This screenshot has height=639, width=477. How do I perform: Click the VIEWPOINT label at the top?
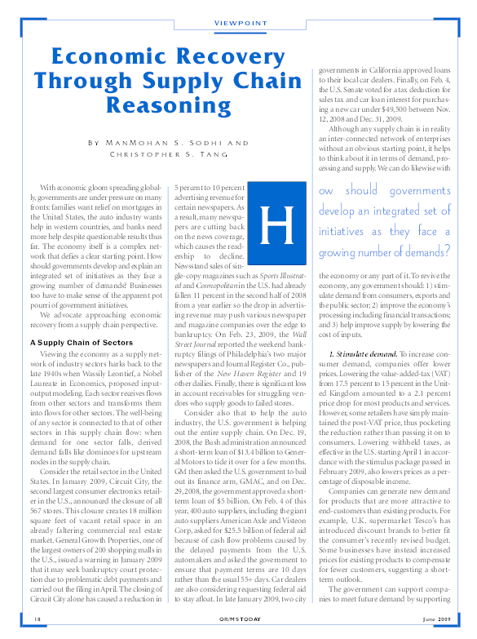(238, 22)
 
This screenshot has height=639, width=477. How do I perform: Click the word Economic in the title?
(114, 56)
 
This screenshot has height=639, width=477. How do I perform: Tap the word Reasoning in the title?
(180, 105)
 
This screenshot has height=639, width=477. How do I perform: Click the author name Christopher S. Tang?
(180, 155)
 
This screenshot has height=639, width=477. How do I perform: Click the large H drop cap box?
(278, 217)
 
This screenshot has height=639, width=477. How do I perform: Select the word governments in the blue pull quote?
(413, 190)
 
